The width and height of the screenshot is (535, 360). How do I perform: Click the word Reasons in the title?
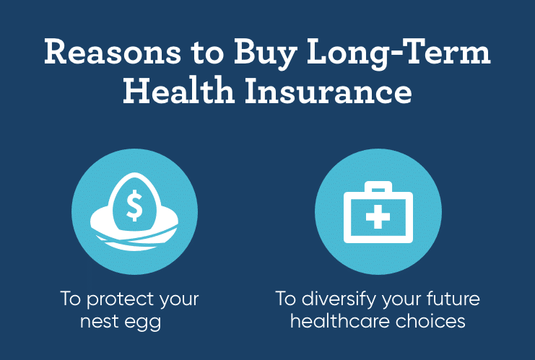point(113,52)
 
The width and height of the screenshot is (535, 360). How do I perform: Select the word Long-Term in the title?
point(399,54)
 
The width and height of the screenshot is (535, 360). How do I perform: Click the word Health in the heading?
point(178,90)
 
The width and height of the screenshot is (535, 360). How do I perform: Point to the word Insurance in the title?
point(328,90)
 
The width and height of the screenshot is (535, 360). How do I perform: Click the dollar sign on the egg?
point(134,205)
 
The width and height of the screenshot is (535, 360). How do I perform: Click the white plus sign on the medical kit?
point(378,216)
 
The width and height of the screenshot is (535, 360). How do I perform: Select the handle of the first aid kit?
point(378,187)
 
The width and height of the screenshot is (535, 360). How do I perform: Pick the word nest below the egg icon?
point(100,322)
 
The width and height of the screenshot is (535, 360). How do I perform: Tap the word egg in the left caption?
point(143,323)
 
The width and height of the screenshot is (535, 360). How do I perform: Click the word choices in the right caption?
point(430,321)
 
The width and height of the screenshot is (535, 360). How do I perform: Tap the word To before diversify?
point(286,299)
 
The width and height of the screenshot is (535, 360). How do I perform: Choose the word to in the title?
point(207,54)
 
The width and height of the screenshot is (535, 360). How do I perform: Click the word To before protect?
point(71,299)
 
